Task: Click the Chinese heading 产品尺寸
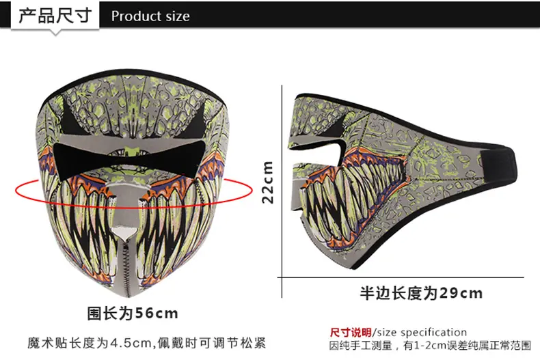pyautogui.click(x=55, y=16)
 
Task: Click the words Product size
pyautogui.click(x=150, y=16)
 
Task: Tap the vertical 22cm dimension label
pyautogui.click(x=267, y=182)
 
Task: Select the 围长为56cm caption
pyautogui.click(x=133, y=313)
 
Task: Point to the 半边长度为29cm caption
pyautogui.click(x=421, y=293)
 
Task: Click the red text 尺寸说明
pyautogui.click(x=351, y=333)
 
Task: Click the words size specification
pyautogui.click(x=422, y=333)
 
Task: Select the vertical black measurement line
pyautogui.click(x=282, y=191)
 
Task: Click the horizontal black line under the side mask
pyautogui.click(x=401, y=277)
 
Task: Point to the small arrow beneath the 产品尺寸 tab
pyautogui.click(x=55, y=32)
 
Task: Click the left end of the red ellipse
pyautogui.click(x=16, y=191)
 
